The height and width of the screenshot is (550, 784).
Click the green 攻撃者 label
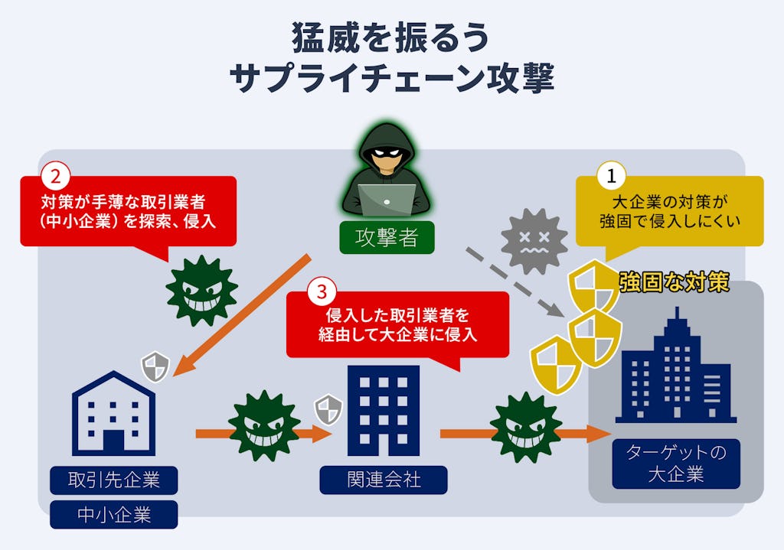[387, 238]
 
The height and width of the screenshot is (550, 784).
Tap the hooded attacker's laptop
[387, 200]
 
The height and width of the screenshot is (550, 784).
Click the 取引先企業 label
[114, 480]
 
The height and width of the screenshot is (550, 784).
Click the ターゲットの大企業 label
[676, 464]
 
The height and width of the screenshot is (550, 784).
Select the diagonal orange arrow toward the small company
[241, 316]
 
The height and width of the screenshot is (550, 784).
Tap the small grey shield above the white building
[155, 366]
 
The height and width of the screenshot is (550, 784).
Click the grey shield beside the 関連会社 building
[328, 408]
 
